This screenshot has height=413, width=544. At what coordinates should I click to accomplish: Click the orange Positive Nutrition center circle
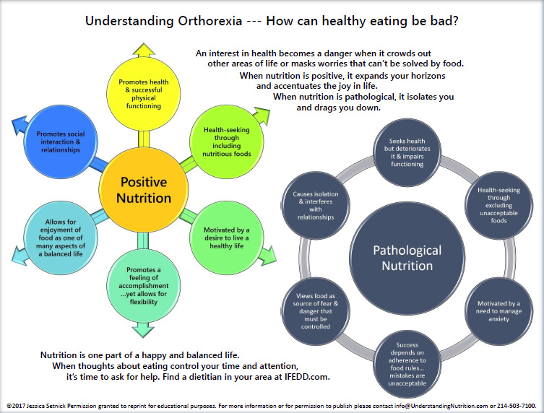point(144,190)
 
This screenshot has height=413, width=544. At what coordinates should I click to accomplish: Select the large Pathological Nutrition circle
point(407,258)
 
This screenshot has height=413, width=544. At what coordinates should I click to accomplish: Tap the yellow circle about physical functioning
point(143,94)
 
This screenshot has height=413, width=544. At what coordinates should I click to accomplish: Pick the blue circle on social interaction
point(61,142)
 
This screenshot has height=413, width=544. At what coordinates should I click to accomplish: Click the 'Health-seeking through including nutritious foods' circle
point(227,142)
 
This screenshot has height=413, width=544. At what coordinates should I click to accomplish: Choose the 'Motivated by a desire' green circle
point(227,238)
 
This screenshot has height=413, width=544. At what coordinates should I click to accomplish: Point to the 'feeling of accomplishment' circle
point(143,286)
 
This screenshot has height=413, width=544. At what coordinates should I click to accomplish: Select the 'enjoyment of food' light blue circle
point(61,238)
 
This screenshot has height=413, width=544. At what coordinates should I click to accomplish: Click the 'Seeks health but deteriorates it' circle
point(407,152)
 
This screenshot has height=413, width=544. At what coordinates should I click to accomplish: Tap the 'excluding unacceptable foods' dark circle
point(498,205)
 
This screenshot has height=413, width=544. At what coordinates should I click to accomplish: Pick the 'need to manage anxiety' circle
point(498,311)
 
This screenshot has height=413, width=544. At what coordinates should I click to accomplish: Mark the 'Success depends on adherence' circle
point(407,364)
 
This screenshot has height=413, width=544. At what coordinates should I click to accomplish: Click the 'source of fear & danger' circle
point(316,311)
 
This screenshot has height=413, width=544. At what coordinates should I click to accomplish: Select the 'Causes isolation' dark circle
point(316,205)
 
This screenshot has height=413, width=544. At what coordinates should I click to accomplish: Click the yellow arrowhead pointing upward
point(144,51)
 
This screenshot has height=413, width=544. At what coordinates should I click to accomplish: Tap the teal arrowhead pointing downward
point(143,330)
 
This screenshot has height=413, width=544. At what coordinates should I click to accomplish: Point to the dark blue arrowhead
point(20,125)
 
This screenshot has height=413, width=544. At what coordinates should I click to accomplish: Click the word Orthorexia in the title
point(210,21)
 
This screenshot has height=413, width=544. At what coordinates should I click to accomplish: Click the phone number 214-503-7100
point(516,406)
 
